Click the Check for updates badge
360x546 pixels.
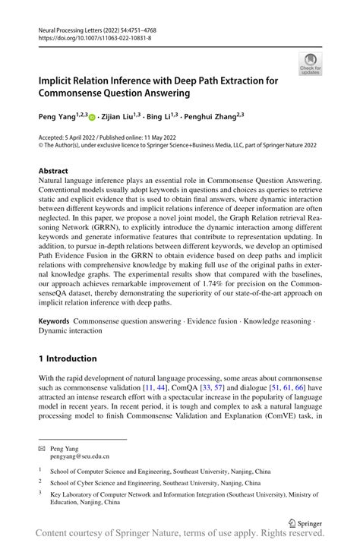(309, 64)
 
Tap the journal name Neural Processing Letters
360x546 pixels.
(73, 28)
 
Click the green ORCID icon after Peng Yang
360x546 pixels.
(93, 118)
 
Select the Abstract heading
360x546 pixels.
(54, 172)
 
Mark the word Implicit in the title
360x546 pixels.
(62, 80)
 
